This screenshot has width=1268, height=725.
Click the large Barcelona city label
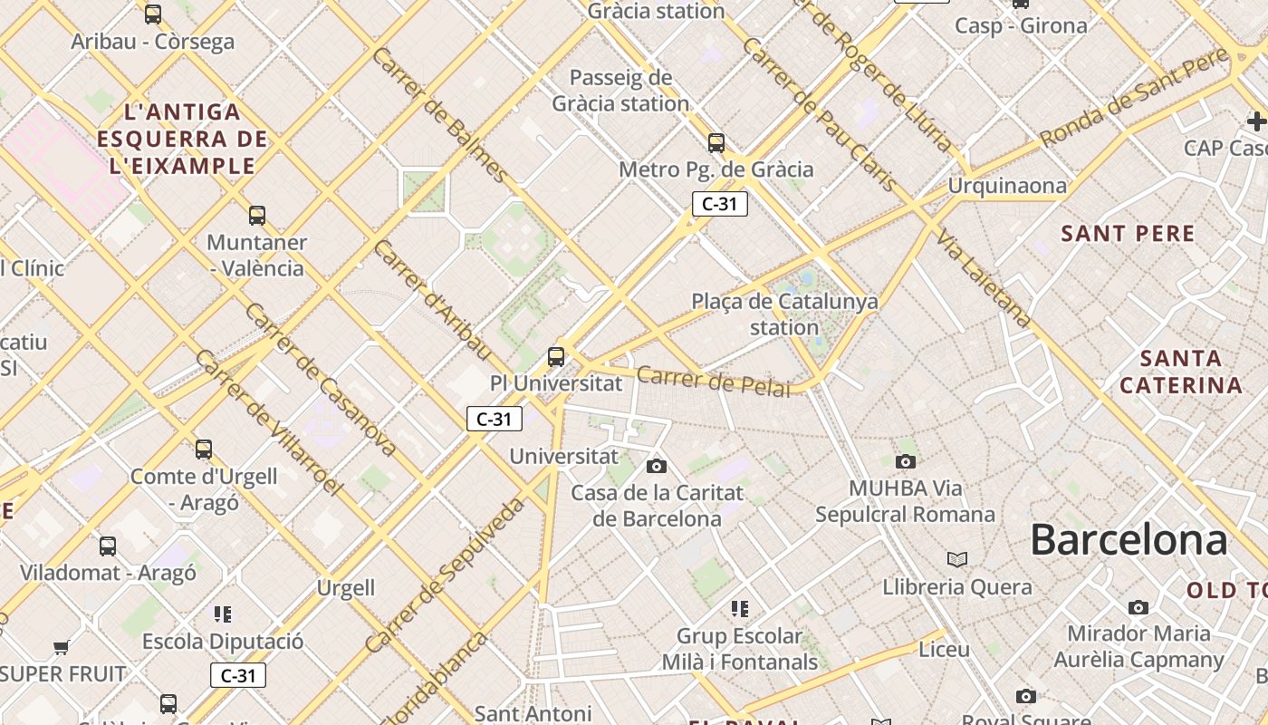pyautogui.click(x=1129, y=540)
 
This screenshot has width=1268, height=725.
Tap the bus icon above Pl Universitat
pyautogui.click(x=556, y=357)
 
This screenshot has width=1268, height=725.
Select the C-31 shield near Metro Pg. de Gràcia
pyautogui.click(x=720, y=204)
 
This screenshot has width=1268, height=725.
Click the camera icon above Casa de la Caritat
pyautogui.click(x=657, y=466)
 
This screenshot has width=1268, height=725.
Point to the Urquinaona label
pyautogui.click(x=1007, y=186)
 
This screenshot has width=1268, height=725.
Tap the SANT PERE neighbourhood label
pyautogui.click(x=1128, y=234)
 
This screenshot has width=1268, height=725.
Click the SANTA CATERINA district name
pyautogui.click(x=1181, y=372)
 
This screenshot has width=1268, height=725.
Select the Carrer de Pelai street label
pyautogui.click(x=714, y=381)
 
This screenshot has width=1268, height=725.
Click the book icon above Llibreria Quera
pyautogui.click(x=957, y=559)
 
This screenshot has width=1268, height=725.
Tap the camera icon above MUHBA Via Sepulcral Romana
pyautogui.click(x=905, y=462)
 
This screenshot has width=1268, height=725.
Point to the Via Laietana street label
pyautogui.click(x=984, y=278)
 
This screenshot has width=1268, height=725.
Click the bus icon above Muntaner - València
pyautogui.click(x=257, y=216)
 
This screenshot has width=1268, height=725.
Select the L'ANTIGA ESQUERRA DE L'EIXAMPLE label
pyautogui.click(x=183, y=139)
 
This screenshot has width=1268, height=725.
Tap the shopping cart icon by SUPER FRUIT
pyautogui.click(x=62, y=647)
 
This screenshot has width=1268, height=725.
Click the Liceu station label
pyautogui.click(x=944, y=650)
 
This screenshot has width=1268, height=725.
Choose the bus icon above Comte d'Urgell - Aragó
pyautogui.click(x=204, y=449)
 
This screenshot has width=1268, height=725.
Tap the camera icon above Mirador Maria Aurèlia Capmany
pyautogui.click(x=1138, y=607)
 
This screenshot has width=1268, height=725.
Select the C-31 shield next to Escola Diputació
pyautogui.click(x=238, y=675)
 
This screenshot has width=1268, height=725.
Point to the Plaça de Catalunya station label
pyautogui.click(x=784, y=314)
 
